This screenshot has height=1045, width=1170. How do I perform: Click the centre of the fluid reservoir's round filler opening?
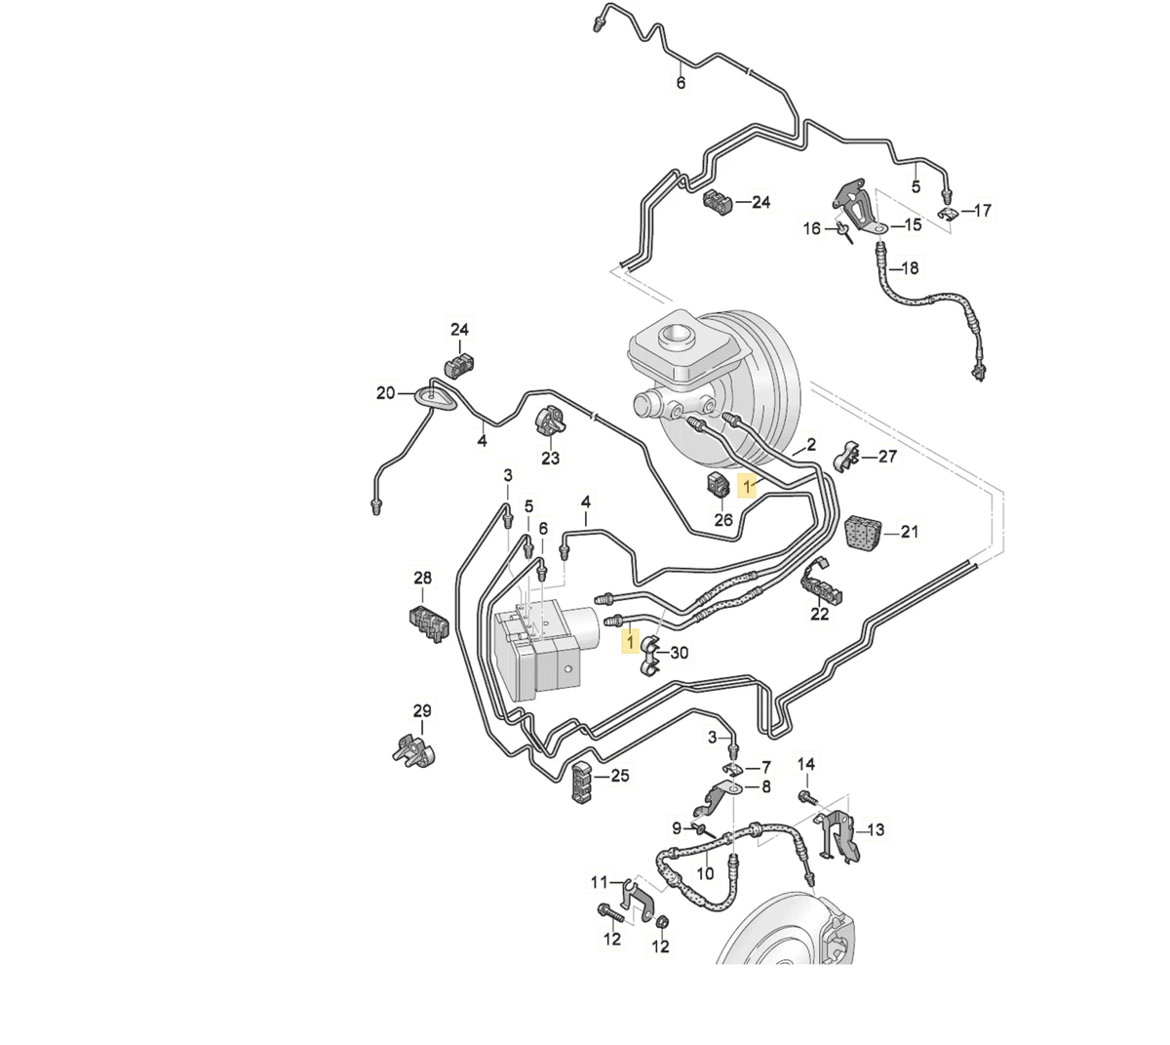[677, 335]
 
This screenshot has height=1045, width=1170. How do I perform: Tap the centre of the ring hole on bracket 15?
[877, 229]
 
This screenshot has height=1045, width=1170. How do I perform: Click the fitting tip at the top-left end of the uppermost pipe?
[596, 24]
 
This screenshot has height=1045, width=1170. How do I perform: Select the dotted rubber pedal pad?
[863, 530]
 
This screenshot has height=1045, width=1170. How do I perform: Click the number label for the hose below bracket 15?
[909, 268]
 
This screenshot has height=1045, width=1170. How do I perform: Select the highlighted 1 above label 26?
[747, 486]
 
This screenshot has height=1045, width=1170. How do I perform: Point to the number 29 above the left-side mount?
[422, 710]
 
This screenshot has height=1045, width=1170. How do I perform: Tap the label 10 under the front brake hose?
[705, 872]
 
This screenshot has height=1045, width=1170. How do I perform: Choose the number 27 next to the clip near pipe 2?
[887, 457]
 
